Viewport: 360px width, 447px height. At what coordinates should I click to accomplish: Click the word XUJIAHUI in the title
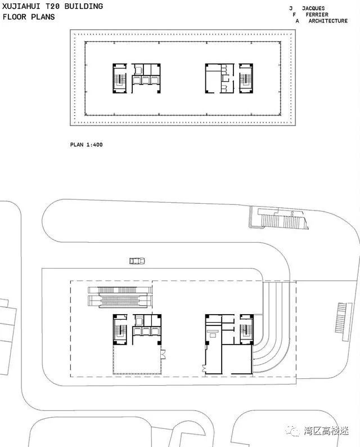20,6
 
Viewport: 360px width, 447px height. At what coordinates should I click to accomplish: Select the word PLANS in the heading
43,16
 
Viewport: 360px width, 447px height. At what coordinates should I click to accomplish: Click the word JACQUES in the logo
313,8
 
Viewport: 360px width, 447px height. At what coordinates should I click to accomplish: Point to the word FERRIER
317,15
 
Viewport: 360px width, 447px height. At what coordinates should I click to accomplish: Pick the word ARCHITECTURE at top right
328,21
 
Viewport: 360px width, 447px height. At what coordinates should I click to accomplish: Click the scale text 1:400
94,145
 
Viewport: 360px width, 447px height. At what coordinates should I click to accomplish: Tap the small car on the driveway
137,261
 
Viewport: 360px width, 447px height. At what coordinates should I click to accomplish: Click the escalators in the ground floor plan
119,297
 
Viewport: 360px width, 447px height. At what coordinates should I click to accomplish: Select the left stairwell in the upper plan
120,78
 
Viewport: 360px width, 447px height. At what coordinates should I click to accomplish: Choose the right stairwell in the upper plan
246,78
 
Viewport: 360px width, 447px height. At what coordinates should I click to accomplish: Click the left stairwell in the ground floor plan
120,329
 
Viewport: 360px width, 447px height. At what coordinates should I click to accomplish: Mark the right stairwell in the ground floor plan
246,329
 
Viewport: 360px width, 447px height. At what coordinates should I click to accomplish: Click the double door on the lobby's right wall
163,354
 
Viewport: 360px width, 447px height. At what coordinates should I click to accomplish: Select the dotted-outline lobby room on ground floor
137,359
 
